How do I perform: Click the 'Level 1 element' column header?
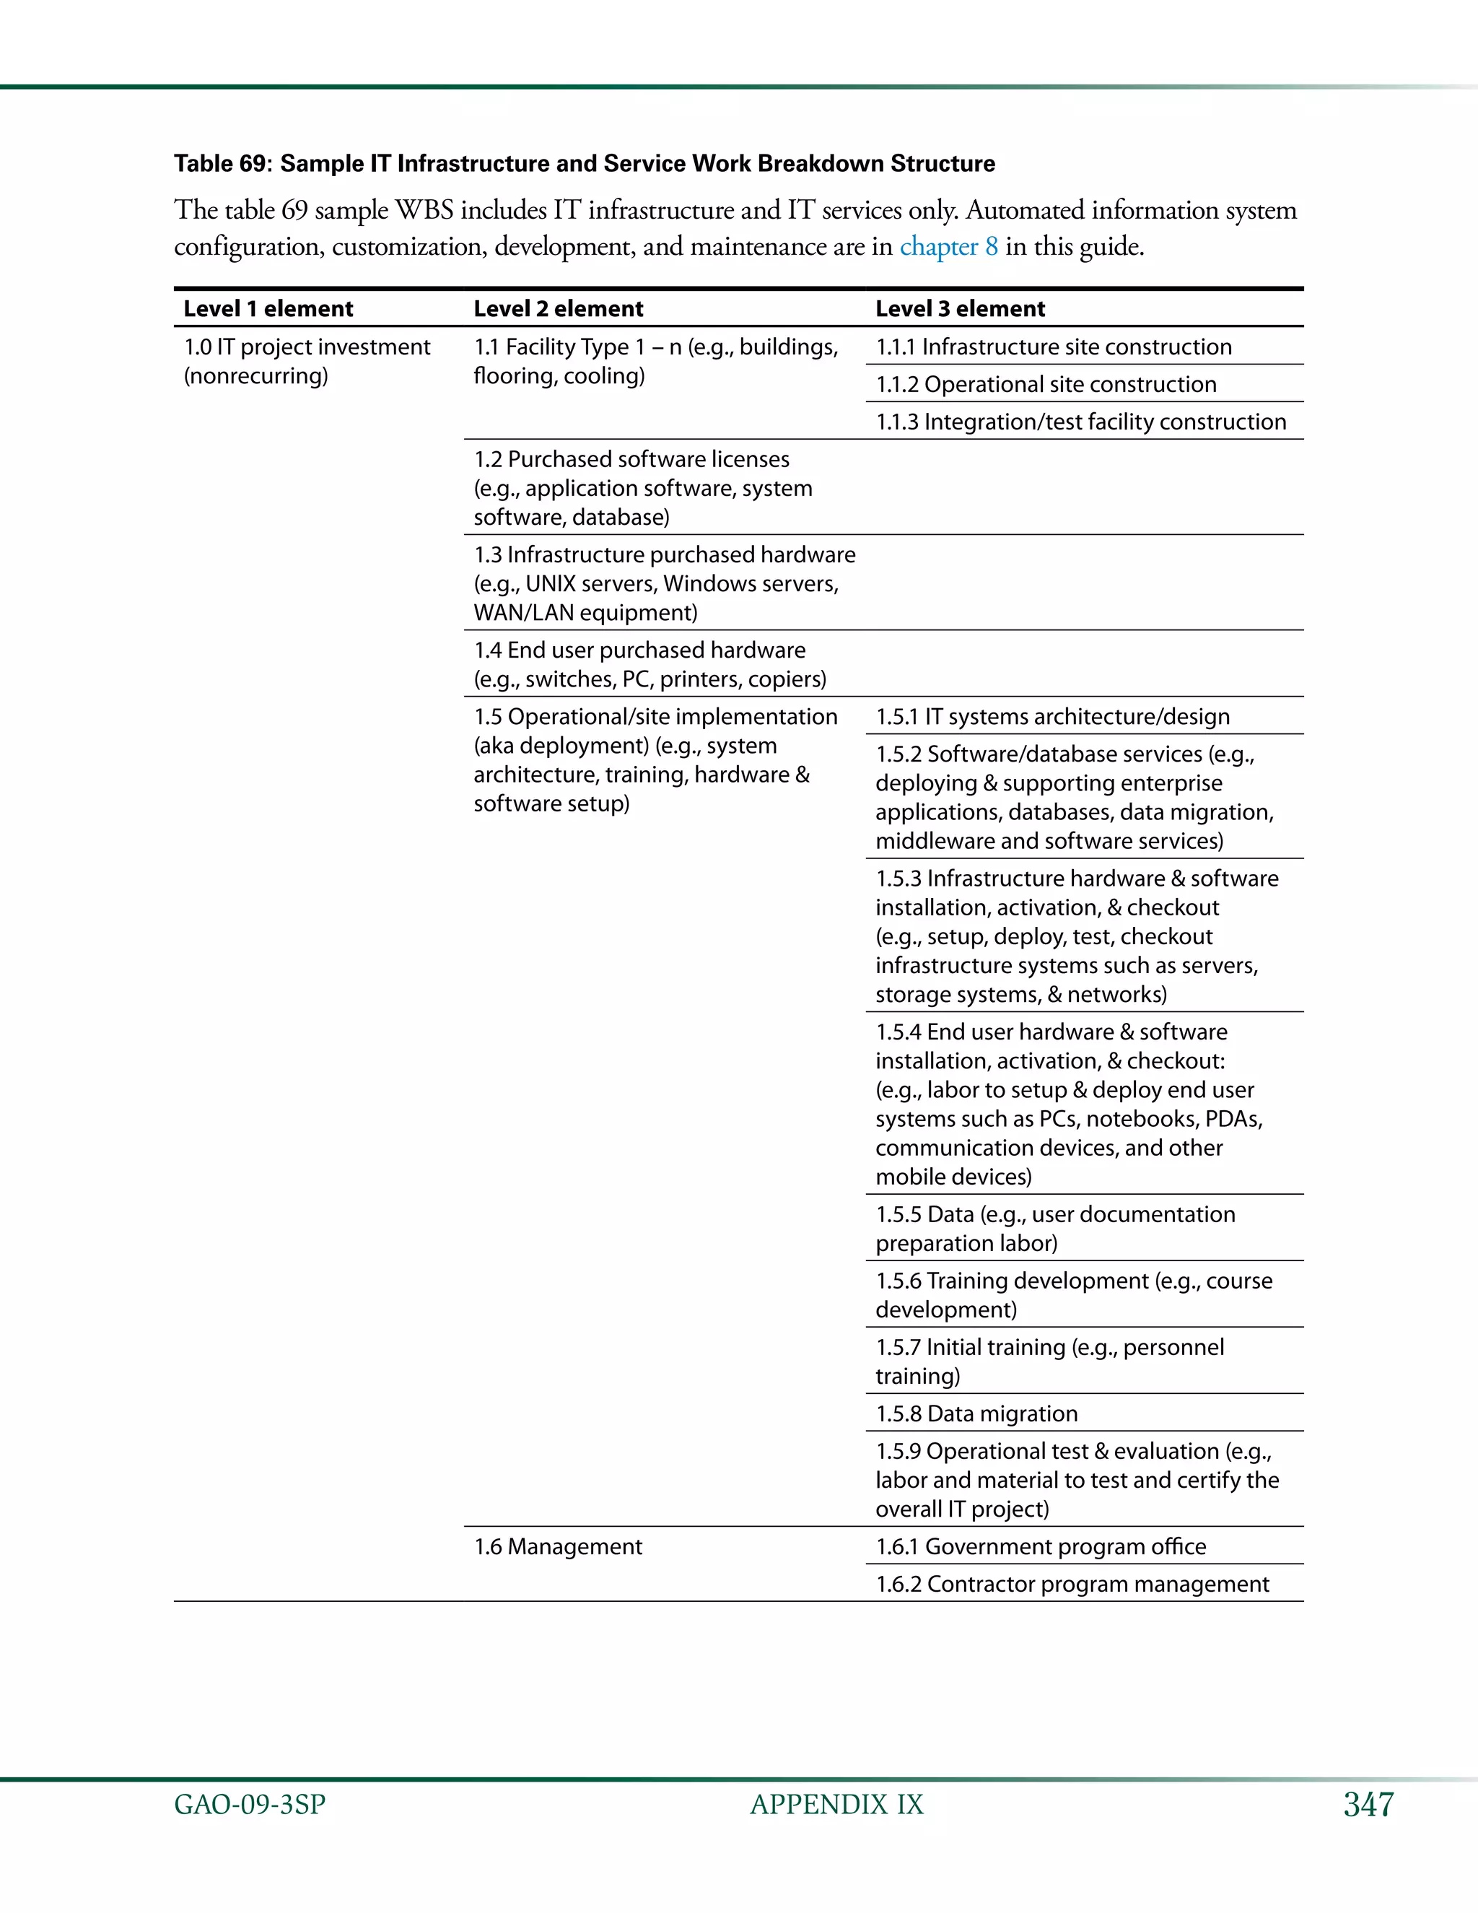268,308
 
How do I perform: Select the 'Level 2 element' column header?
558,308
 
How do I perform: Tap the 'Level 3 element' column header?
960,308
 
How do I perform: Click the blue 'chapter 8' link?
948,246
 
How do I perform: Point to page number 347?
1368,1805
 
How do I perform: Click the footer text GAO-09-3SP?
250,1805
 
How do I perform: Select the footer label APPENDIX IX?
836,1805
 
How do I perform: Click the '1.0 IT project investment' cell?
307,361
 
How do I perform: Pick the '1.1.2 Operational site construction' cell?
1046,385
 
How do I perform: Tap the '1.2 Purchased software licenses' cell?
643,488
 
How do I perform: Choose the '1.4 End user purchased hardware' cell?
650,664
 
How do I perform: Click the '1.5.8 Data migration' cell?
976,1413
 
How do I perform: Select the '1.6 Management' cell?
558,1547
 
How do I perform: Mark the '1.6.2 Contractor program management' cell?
1072,1585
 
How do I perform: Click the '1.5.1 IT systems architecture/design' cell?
1052,717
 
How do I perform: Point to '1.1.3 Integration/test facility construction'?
1080,422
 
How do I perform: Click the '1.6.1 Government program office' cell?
1040,1547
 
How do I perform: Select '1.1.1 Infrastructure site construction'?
1054,347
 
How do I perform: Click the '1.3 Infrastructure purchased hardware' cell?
664,583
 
